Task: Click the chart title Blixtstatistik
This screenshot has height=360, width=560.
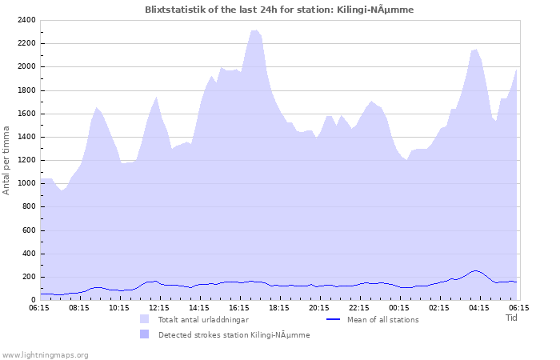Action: click(279, 10)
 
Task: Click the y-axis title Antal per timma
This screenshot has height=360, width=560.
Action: click(6, 159)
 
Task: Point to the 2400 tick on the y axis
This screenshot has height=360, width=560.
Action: click(26, 20)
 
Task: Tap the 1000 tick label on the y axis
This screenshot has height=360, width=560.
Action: click(26, 183)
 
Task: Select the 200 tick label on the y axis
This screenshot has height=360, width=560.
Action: click(29, 277)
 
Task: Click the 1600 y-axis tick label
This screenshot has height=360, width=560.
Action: click(26, 114)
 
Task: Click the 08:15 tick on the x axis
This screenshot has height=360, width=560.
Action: click(79, 306)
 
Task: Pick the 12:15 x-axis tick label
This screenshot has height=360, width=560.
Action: click(159, 306)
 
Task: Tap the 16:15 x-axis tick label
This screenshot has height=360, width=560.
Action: click(239, 306)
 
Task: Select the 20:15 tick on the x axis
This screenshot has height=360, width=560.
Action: click(319, 306)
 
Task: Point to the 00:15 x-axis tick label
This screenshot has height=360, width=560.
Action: click(399, 306)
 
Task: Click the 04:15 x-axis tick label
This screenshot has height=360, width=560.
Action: click(479, 306)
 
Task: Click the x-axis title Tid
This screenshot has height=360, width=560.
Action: click(511, 318)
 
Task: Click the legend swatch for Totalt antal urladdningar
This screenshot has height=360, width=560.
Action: click(145, 319)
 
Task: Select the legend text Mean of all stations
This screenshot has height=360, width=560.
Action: click(382, 319)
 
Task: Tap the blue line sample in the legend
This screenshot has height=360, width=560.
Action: click(334, 319)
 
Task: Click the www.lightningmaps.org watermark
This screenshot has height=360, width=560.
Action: click(45, 354)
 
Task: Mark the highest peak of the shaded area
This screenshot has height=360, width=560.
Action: click(254, 30)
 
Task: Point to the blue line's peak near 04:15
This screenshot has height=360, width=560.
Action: click(475, 270)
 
